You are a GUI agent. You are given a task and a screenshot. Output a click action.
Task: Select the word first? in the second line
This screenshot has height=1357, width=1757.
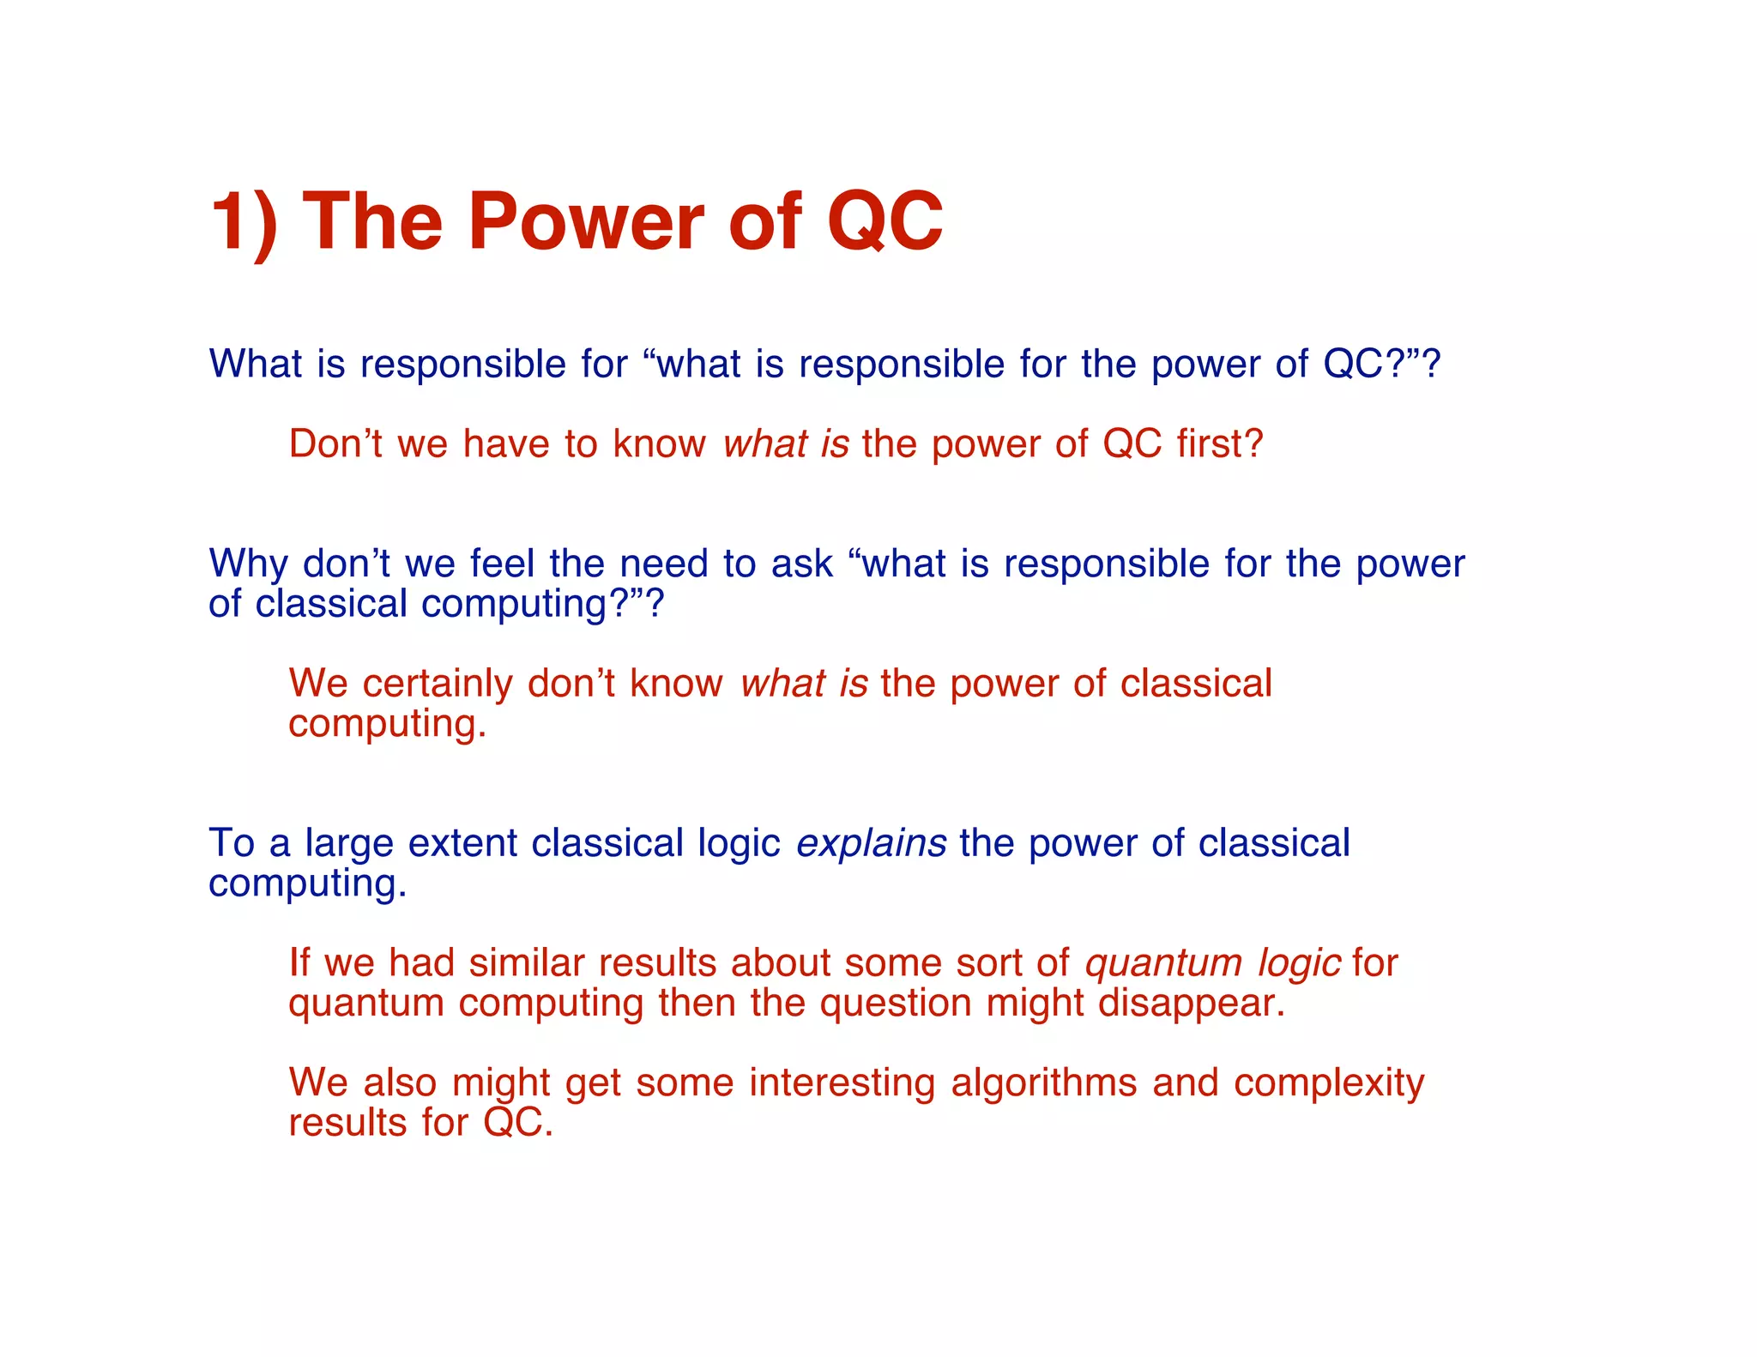(1220, 444)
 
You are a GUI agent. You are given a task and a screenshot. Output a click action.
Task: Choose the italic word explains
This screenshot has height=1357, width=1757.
(871, 843)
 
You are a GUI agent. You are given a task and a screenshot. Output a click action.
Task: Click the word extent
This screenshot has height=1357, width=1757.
(462, 843)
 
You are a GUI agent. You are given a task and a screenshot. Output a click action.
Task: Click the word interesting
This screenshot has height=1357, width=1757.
(842, 1083)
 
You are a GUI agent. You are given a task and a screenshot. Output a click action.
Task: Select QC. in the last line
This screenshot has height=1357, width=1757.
(518, 1123)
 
